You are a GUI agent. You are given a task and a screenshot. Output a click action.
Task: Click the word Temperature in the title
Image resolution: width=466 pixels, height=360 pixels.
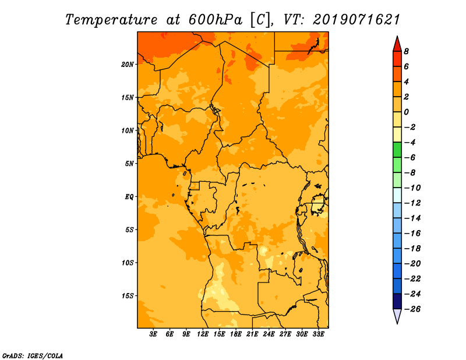(111, 20)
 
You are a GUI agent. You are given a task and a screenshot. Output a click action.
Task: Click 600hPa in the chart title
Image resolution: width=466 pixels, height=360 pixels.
(215, 20)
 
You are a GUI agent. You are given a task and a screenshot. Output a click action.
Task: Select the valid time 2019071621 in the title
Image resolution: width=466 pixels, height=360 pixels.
(356, 20)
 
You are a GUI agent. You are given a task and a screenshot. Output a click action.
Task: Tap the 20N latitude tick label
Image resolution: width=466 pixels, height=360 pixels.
(128, 65)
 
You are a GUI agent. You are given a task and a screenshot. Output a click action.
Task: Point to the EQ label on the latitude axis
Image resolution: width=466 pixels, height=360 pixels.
(129, 197)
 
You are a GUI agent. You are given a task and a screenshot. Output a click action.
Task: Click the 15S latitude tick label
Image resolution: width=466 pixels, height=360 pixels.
(128, 296)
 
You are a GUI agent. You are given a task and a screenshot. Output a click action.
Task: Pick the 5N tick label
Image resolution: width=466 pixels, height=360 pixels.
(129, 164)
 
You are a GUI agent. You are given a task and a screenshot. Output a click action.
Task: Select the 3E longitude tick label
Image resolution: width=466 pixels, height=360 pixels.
(153, 334)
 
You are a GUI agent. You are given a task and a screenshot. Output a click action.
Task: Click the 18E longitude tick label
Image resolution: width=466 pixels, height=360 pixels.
(236, 334)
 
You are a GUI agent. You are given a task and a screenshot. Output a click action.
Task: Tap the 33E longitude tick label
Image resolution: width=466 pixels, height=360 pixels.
(318, 334)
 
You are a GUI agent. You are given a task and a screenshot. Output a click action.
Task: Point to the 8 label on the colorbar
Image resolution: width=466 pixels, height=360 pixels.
(406, 51)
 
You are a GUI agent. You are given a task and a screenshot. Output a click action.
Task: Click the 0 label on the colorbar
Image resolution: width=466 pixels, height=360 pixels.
(406, 112)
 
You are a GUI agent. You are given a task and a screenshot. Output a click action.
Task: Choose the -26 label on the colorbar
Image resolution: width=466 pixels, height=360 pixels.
(412, 309)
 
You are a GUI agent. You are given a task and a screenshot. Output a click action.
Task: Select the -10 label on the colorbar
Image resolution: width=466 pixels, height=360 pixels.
(412, 188)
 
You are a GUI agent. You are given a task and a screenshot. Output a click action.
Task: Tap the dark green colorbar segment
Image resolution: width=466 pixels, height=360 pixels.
(397, 150)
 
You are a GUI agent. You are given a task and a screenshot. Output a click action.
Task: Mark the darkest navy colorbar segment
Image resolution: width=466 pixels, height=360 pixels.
(397, 301)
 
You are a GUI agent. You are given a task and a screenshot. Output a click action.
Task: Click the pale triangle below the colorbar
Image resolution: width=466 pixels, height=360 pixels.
(397, 316)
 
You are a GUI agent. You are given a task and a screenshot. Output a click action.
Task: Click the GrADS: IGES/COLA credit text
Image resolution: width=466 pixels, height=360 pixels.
(33, 356)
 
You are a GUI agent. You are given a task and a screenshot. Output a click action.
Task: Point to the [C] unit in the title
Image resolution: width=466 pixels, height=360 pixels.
(260, 20)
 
